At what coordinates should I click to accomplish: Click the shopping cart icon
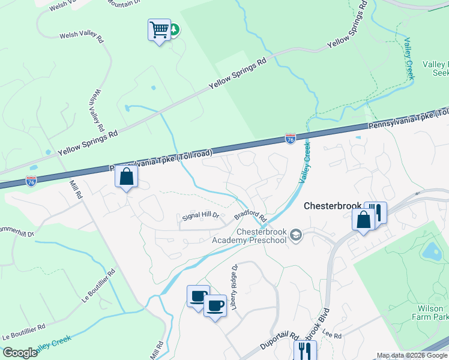(159, 29)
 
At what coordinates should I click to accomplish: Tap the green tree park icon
(174, 29)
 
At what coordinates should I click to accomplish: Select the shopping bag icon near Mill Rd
(126, 176)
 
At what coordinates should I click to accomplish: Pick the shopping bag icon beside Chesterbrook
(364, 220)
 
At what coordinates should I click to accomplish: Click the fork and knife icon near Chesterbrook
(376, 212)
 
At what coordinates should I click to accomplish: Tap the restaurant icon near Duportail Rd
(306, 350)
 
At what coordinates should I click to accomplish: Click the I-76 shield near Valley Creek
(291, 139)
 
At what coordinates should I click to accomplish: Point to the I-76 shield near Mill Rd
(31, 180)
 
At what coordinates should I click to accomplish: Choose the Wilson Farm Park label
(430, 311)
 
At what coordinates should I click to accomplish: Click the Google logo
(20, 353)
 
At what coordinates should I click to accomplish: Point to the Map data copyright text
(412, 355)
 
